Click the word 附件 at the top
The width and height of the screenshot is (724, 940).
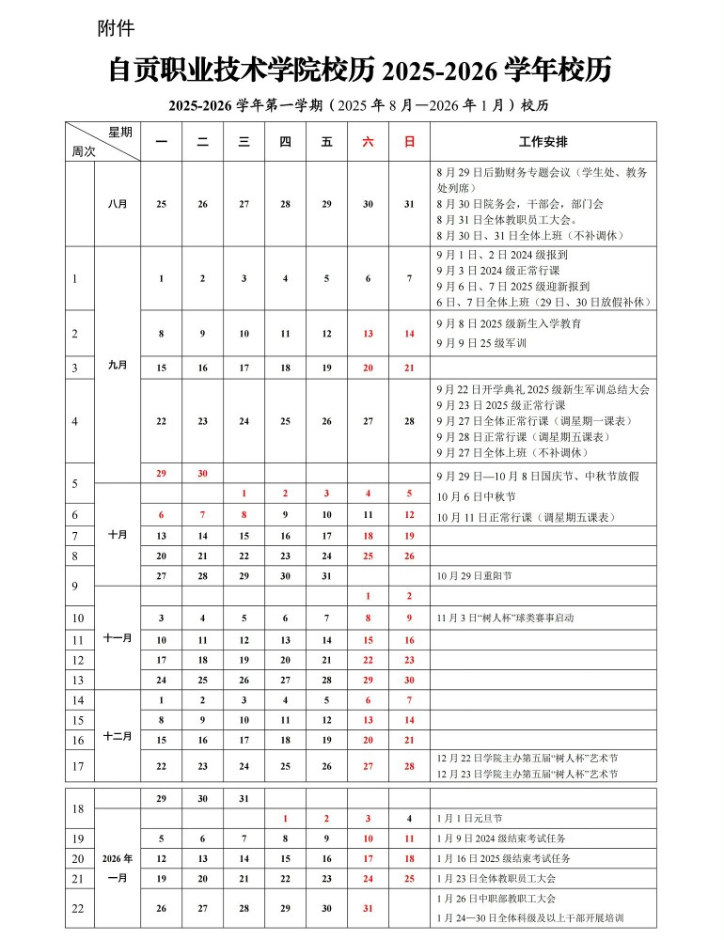[x=116, y=29]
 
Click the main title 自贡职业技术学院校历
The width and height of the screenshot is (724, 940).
[x=244, y=70]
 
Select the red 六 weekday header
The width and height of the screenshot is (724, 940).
[x=368, y=142]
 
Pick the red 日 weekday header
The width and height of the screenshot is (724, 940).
[x=409, y=142]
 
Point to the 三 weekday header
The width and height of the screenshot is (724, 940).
[x=244, y=142]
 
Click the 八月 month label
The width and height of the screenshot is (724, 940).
[x=118, y=204]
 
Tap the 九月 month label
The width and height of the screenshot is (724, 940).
[x=118, y=364]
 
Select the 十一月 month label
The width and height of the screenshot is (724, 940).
[x=118, y=637]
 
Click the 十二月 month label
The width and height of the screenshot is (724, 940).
[x=118, y=737]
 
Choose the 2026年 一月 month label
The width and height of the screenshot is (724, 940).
[x=118, y=868]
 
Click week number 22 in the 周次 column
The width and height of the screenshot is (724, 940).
[x=78, y=908]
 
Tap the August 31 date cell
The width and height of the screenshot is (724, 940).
[x=409, y=204]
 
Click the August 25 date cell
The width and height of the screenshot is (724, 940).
[x=161, y=204]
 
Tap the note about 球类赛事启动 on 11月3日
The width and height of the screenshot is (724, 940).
[x=505, y=619]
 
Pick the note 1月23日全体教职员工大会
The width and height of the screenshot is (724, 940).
[x=503, y=878]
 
